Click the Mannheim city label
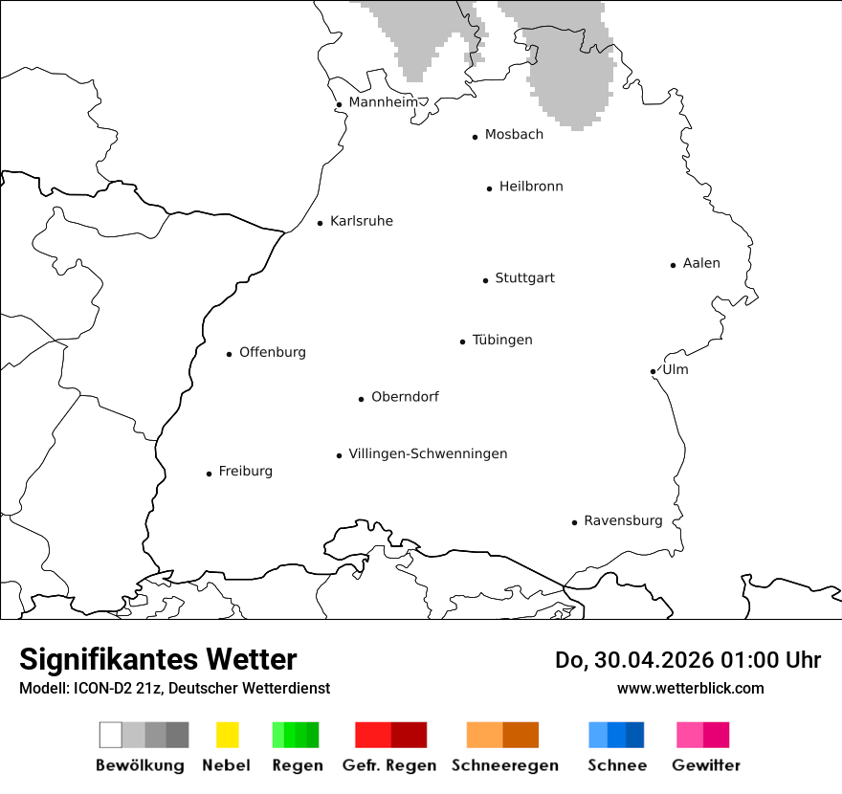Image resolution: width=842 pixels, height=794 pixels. coord(383,102)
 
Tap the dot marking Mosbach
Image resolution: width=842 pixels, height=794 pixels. coord(475,137)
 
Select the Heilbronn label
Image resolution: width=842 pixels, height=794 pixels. coord(531,187)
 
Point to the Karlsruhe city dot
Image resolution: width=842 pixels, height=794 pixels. coord(321,223)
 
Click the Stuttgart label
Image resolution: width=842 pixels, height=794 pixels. coord(524,278)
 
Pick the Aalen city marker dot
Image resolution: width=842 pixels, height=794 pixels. coord(674,265)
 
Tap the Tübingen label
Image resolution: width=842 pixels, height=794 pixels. coord(502,341)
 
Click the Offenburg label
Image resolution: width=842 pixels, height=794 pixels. coord(273,352)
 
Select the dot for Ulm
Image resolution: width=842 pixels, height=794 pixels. coord(653,371)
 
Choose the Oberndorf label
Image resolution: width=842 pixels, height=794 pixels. coord(405,397)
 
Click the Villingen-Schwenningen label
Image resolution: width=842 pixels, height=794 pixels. coord(428,453)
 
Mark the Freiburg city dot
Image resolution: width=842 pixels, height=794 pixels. coord(209,474)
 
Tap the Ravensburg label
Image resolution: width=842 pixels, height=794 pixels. coord(623,521)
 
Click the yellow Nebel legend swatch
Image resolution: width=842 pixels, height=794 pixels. coord(227,735)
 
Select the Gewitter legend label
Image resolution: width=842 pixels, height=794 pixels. coord(706,765)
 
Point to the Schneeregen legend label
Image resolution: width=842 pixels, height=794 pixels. coord(505,765)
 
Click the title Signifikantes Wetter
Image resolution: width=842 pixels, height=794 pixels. coord(158,659)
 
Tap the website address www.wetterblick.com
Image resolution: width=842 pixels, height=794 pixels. coord(690,688)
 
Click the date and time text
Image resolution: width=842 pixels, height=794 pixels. coord(688,660)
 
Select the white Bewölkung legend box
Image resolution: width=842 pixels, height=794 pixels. coord(111,735)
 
